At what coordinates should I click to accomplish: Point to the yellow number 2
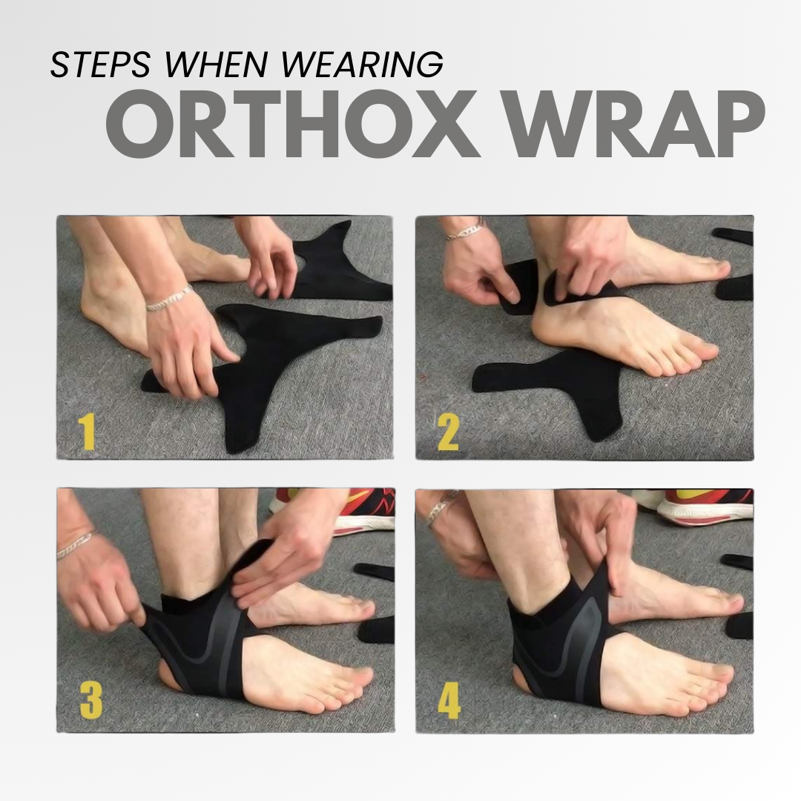[448, 433]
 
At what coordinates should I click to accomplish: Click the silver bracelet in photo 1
[169, 298]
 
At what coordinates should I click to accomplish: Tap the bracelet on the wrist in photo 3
[76, 545]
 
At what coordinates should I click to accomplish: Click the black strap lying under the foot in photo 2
[549, 378]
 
